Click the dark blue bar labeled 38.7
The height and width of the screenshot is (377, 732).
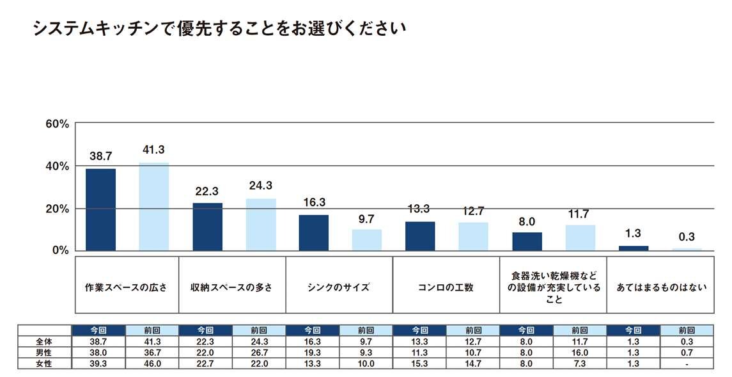click(x=100, y=209)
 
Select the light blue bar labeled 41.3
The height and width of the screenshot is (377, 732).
click(x=153, y=206)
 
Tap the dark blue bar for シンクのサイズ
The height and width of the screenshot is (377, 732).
click(x=313, y=232)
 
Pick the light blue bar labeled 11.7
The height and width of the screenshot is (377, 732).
click(x=580, y=237)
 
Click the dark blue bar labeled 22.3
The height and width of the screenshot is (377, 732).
click(x=207, y=227)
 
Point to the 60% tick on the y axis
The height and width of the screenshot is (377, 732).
click(x=57, y=124)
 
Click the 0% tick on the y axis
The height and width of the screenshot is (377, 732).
click(x=59, y=250)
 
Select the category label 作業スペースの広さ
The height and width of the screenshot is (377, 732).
click(x=126, y=287)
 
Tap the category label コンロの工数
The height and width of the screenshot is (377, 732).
click(x=446, y=287)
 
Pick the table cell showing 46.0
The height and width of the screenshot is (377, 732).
click(x=153, y=363)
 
